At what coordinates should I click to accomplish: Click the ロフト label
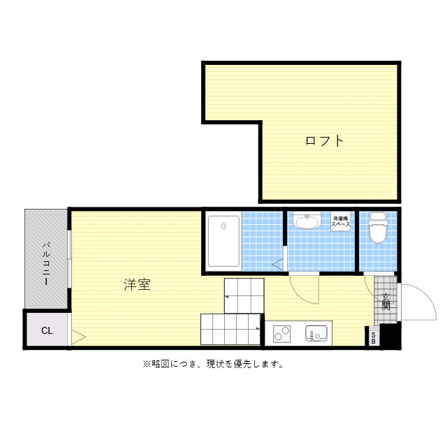click(325, 140)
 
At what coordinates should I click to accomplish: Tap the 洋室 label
click(138, 285)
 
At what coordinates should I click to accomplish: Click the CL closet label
click(46, 330)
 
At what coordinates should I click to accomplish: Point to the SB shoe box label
click(374, 339)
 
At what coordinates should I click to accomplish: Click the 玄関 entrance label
click(386, 301)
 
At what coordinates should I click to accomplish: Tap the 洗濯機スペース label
click(340, 221)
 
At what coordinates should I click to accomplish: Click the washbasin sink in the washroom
click(306, 223)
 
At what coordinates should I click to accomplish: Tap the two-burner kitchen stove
click(282, 334)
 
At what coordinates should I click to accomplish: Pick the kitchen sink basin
click(316, 334)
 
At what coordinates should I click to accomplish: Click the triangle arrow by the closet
click(78, 337)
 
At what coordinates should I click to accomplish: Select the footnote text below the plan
click(212, 364)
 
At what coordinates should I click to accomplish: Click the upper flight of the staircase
click(244, 295)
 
